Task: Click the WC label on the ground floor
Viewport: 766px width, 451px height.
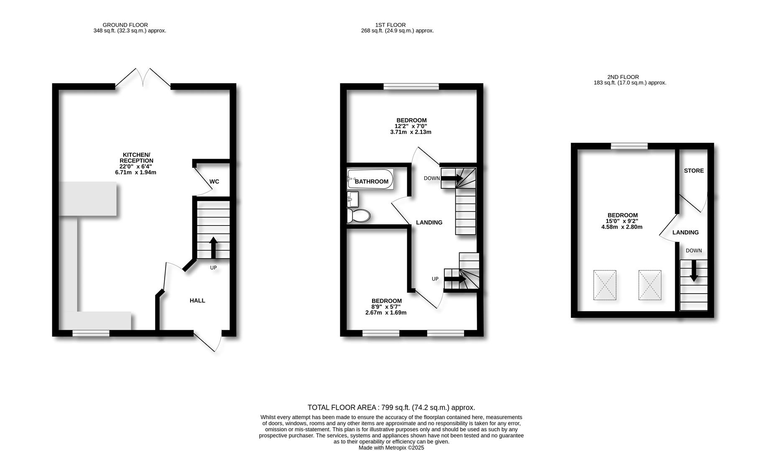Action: [214, 182]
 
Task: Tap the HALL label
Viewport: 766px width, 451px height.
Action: [197, 301]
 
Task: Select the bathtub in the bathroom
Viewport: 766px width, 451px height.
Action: [370, 179]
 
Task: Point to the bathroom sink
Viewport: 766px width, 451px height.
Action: [353, 199]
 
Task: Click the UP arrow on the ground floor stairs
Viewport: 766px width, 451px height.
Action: [213, 248]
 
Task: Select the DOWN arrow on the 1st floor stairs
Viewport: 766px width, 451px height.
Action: [452, 178]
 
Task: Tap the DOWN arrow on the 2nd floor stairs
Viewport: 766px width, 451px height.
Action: [694, 271]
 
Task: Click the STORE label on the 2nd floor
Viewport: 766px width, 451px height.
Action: [694, 171]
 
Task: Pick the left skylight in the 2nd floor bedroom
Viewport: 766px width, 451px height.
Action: [605, 285]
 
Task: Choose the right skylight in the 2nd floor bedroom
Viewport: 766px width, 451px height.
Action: [650, 285]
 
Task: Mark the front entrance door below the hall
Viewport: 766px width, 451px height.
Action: [207, 341]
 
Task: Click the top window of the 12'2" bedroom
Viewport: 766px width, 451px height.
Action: [411, 86]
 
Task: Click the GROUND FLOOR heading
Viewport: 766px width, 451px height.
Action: [125, 25]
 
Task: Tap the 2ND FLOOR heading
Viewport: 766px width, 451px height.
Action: [623, 77]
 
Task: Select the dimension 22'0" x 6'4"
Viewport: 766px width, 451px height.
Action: [135, 167]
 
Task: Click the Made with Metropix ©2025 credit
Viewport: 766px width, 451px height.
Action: [391, 448]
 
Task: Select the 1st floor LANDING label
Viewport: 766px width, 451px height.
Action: [429, 223]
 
